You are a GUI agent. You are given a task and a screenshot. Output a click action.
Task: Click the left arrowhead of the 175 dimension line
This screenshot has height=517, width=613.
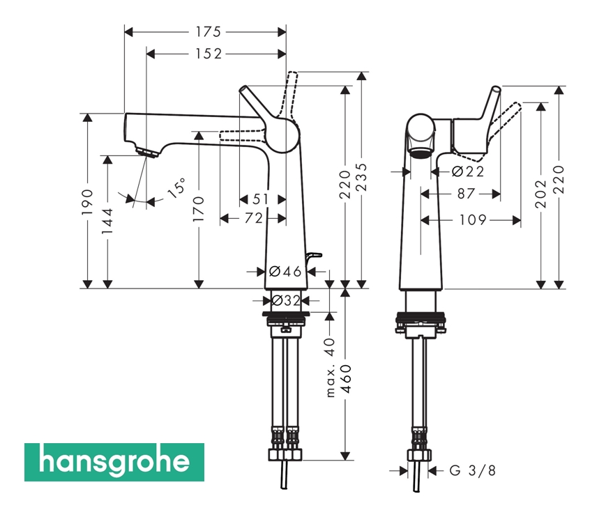tap(130, 31)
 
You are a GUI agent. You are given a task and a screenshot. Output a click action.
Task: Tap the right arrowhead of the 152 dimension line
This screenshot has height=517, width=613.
tap(282, 54)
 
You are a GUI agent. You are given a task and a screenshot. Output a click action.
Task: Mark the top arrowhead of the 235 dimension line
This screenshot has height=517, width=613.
tap(363, 77)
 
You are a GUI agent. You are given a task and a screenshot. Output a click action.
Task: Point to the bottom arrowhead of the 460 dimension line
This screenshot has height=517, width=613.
tap(345, 455)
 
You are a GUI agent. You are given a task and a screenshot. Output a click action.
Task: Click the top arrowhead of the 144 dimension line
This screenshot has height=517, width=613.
tap(107, 160)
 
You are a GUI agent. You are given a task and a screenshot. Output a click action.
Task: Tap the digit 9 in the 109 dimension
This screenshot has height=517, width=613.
tap(482, 220)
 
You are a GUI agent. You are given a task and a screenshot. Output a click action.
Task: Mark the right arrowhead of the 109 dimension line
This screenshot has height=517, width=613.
tap(516, 221)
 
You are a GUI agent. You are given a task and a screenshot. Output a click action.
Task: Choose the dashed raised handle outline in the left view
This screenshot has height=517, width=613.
tap(289, 95)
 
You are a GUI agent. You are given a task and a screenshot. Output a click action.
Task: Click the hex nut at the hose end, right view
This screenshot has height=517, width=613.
tap(420, 455)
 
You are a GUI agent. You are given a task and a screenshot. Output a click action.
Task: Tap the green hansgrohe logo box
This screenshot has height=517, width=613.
tap(114, 463)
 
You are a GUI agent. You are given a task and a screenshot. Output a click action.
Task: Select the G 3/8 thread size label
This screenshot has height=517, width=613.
tap(472, 470)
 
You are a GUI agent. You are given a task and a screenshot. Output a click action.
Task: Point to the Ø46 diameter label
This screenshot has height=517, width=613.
tap(285, 271)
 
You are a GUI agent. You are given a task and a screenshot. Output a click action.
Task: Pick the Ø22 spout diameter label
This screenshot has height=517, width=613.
tap(467, 171)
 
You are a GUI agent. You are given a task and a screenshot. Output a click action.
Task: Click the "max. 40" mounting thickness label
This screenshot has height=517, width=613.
tap(331, 367)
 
